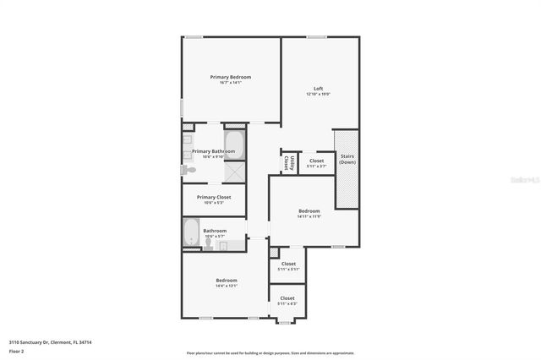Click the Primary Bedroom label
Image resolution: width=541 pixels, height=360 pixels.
230,77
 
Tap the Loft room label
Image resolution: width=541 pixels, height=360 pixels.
318,88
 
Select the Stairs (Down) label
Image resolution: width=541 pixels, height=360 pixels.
347,158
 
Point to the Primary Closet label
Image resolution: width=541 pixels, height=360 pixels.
214,197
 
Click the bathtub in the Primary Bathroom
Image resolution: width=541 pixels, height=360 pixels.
234,146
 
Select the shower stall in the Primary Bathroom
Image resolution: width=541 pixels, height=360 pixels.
234,171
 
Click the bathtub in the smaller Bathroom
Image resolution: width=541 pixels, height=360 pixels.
192,233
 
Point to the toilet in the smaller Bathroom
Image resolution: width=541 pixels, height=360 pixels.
208,243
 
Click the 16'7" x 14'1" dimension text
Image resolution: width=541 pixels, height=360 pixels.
230,83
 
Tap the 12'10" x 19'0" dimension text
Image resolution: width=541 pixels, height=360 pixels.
318,94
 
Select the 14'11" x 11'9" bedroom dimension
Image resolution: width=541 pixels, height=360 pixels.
309,216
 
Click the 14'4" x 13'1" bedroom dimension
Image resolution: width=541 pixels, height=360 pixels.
226,286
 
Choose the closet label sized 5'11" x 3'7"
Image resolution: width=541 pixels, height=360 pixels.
316,166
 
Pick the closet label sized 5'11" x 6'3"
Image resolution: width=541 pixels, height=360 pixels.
287,303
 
